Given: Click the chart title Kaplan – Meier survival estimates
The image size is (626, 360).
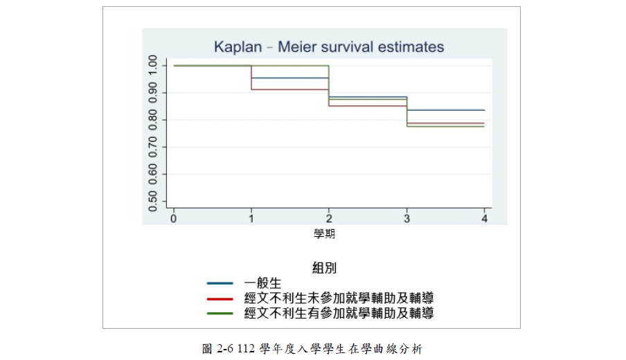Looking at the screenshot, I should [328, 47].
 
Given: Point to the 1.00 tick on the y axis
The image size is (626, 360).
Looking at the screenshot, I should [153, 66].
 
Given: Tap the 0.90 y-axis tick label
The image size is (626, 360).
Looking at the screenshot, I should [153, 92].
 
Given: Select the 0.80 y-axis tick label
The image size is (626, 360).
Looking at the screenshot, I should [153, 120].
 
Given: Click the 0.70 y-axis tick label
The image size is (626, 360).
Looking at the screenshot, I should [153, 147].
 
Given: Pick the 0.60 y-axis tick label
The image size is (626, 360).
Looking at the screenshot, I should [153, 174].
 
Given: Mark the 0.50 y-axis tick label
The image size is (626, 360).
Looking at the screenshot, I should [153, 201].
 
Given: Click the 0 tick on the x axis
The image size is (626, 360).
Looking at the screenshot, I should [173, 219].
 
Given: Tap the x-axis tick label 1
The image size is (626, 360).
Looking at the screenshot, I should [251, 219].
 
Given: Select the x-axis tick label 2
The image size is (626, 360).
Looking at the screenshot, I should [329, 219].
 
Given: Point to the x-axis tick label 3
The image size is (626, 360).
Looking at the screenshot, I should [406, 219].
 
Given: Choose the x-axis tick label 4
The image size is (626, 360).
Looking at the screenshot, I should [484, 219].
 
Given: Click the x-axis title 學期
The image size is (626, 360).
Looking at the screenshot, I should [325, 234].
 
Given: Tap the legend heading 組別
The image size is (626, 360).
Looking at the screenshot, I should [325, 267].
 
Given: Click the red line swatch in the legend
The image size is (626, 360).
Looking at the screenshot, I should [220, 298].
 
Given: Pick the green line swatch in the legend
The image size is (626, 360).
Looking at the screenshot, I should [220, 314].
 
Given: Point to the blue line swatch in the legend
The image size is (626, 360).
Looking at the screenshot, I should [220, 283].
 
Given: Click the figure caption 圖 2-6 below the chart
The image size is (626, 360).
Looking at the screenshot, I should [312, 349].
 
